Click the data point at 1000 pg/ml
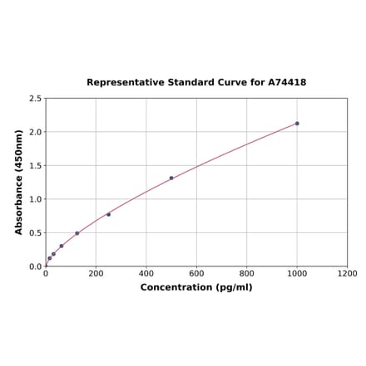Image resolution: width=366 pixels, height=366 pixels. coord(297,124)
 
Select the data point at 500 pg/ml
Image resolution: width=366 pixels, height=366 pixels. coord(171,178)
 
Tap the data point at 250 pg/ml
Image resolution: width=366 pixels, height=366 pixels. coord(108,214)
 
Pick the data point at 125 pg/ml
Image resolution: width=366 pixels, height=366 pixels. coord(77,233)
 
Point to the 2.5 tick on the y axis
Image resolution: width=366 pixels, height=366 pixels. coord(36,99)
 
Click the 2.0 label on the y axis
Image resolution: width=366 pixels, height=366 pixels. coord(36,132)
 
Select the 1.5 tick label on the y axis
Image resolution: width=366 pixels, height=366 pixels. coord(36,166)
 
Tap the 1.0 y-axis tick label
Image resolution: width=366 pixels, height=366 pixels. coord(36,199)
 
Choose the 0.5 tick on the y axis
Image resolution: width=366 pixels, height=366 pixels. coord(36,233)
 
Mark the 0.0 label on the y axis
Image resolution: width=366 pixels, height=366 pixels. coord(36,266)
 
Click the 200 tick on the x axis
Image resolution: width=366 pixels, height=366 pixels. coord(96,273)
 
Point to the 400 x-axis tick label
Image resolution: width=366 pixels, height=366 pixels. coord(146,273)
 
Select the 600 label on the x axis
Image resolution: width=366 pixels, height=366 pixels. coord(196,273)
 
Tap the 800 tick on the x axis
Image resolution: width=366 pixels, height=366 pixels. coord(247,273)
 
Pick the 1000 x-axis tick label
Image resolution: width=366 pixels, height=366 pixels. coord(297,273)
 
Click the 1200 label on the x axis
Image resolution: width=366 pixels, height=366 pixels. coord(348,273)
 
